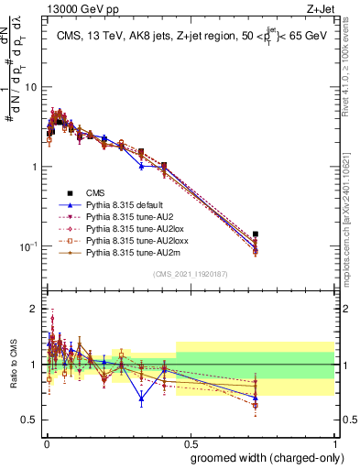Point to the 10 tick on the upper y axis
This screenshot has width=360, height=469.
(31, 87)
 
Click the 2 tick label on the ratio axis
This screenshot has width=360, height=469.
(34, 309)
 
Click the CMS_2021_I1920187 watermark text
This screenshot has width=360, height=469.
(191, 275)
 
